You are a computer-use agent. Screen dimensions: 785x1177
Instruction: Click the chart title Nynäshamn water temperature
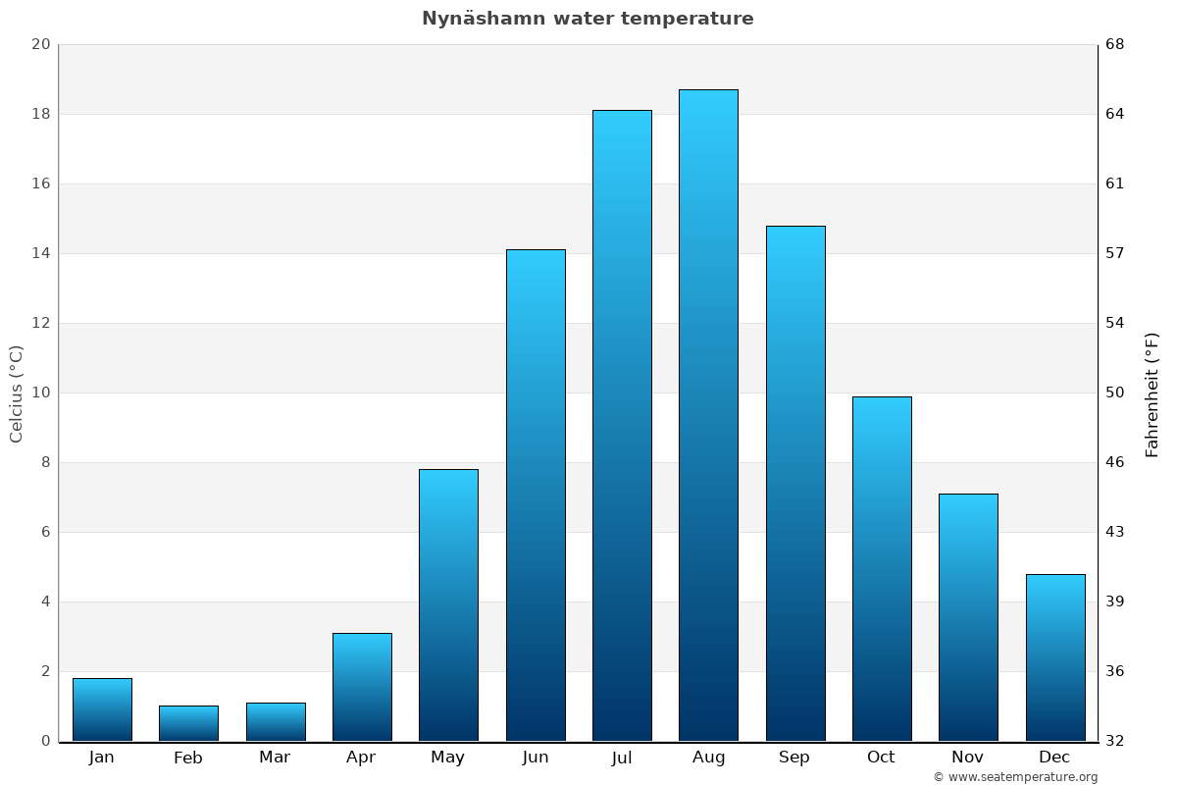coord(588,19)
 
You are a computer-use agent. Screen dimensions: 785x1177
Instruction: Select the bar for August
coord(708,415)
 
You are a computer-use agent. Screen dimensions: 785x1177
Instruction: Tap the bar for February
coord(188,723)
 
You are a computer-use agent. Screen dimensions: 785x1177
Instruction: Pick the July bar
coord(622,425)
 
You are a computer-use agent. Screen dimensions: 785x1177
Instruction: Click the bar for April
coord(362,687)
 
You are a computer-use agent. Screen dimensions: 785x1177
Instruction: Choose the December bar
coord(1055,657)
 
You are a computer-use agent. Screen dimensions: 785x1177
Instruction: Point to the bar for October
coord(882,568)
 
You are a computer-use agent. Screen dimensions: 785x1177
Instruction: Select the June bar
coord(536,495)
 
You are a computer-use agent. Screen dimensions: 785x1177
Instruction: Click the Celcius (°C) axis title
coord(17,393)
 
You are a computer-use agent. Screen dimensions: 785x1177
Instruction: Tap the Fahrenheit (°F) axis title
coord(1152,393)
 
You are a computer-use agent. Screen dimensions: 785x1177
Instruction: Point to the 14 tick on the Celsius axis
coord(40,253)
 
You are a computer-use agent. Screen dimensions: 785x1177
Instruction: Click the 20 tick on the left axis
coord(40,44)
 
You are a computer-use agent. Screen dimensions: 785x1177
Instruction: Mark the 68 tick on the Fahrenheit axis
coord(1115,44)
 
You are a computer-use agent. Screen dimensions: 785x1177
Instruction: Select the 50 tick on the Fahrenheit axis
coord(1115,392)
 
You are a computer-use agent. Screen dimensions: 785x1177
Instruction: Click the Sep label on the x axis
coord(794,757)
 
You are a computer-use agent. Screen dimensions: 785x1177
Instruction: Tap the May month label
coord(448,758)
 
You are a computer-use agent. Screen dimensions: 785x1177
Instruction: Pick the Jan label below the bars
coord(102,757)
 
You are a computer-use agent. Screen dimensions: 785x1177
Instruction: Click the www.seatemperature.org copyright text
coord(1015,777)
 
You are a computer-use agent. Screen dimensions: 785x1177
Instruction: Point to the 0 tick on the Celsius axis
coord(45,741)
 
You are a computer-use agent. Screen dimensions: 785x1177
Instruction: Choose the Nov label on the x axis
coord(968,757)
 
